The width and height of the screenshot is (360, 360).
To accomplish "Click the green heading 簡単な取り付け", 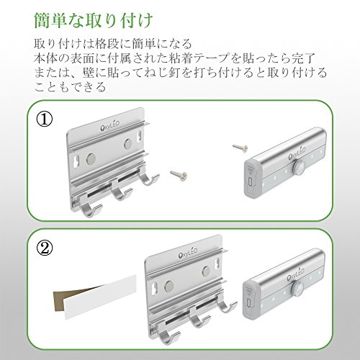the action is click(x=93, y=21).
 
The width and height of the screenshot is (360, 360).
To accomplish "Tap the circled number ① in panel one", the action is click(x=44, y=120).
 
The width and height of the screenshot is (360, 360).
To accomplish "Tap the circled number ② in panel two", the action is click(x=44, y=248).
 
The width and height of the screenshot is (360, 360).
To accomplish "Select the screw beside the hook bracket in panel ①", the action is click(x=179, y=174).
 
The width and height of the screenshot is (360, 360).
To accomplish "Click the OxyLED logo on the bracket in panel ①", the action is click(x=109, y=126).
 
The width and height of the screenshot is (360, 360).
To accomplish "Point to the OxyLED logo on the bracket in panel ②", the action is click(x=188, y=253).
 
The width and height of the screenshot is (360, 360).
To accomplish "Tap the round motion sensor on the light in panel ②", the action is click(x=297, y=287).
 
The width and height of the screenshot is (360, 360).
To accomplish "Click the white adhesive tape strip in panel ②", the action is click(x=101, y=297).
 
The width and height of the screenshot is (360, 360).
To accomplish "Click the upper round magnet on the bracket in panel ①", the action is click(x=128, y=143).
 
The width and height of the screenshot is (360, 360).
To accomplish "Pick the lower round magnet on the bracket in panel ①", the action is click(x=91, y=158).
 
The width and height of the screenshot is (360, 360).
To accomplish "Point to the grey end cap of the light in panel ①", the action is click(x=251, y=177).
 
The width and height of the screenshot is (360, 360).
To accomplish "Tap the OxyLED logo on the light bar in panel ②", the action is click(x=295, y=274).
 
